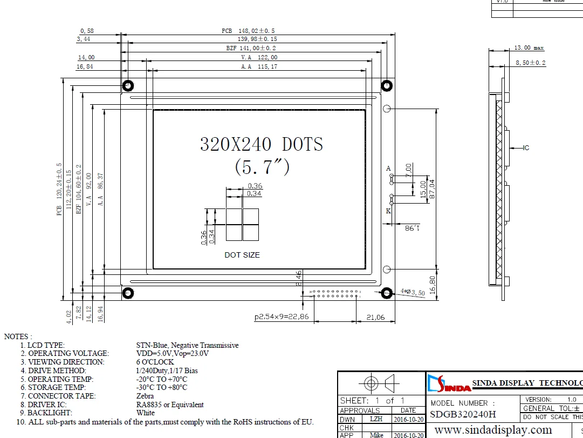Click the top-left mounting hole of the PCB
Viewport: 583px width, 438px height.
point(128,85)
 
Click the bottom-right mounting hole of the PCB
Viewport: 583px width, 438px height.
point(386,293)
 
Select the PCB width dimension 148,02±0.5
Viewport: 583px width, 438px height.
point(252,31)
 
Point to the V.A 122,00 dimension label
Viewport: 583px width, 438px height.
point(259,57)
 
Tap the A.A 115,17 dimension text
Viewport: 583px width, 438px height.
point(259,66)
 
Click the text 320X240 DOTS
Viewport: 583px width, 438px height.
point(262,144)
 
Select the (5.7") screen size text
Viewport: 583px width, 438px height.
point(262,167)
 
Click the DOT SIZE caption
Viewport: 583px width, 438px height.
point(242,255)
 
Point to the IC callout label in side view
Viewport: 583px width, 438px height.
point(526,147)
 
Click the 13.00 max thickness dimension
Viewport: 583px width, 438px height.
point(529,48)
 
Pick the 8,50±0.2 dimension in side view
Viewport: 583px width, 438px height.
point(531,63)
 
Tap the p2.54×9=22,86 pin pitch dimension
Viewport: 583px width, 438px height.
point(282,317)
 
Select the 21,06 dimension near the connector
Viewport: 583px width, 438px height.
point(375,317)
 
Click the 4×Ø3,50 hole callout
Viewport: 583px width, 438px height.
point(413,292)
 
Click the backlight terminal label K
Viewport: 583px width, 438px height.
point(388,211)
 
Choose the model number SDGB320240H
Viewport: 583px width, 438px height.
point(463,415)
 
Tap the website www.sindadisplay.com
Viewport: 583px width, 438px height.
point(493,430)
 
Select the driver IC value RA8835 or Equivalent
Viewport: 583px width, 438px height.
point(170,405)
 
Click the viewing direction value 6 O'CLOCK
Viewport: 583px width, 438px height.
point(155,362)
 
